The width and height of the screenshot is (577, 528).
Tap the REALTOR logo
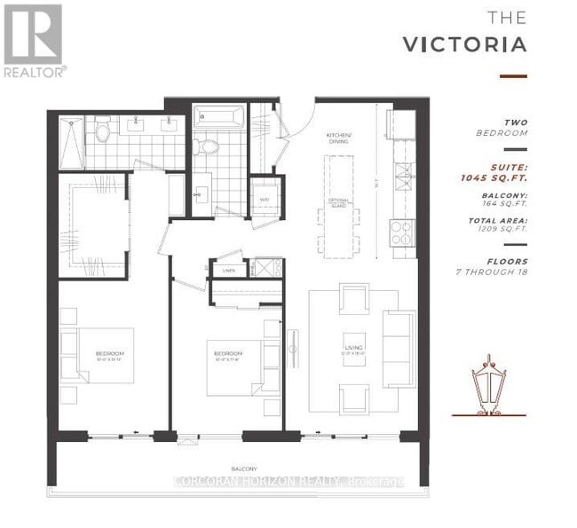(x=33, y=40)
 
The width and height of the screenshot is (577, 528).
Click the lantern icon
(x=486, y=385)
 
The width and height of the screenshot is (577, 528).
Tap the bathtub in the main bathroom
(x=218, y=116)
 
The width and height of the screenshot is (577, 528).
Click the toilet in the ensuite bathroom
(x=101, y=133)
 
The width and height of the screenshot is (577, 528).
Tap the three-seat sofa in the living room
(x=399, y=349)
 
